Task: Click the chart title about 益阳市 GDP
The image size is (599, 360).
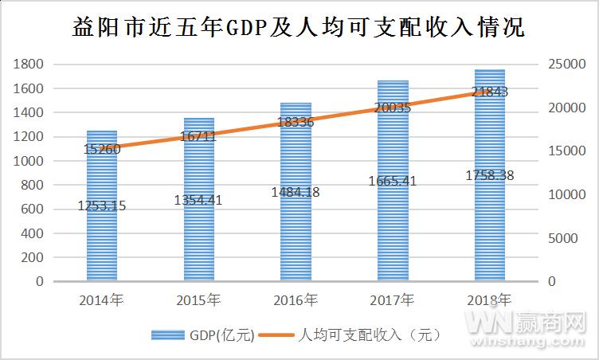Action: tap(299, 29)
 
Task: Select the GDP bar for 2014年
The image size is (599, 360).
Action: tap(101, 239)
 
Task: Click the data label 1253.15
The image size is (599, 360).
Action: tap(101, 206)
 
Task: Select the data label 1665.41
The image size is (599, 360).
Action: tap(393, 181)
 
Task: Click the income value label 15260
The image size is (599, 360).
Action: tap(101, 149)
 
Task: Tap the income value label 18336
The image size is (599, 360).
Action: tap(296, 122)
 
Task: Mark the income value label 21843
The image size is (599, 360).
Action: tap(490, 92)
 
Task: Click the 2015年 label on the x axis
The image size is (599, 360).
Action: tap(198, 300)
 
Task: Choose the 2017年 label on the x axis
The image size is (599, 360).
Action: tap(393, 300)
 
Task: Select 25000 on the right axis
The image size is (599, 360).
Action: tap(567, 65)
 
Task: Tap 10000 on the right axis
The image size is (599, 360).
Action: tap(567, 195)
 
